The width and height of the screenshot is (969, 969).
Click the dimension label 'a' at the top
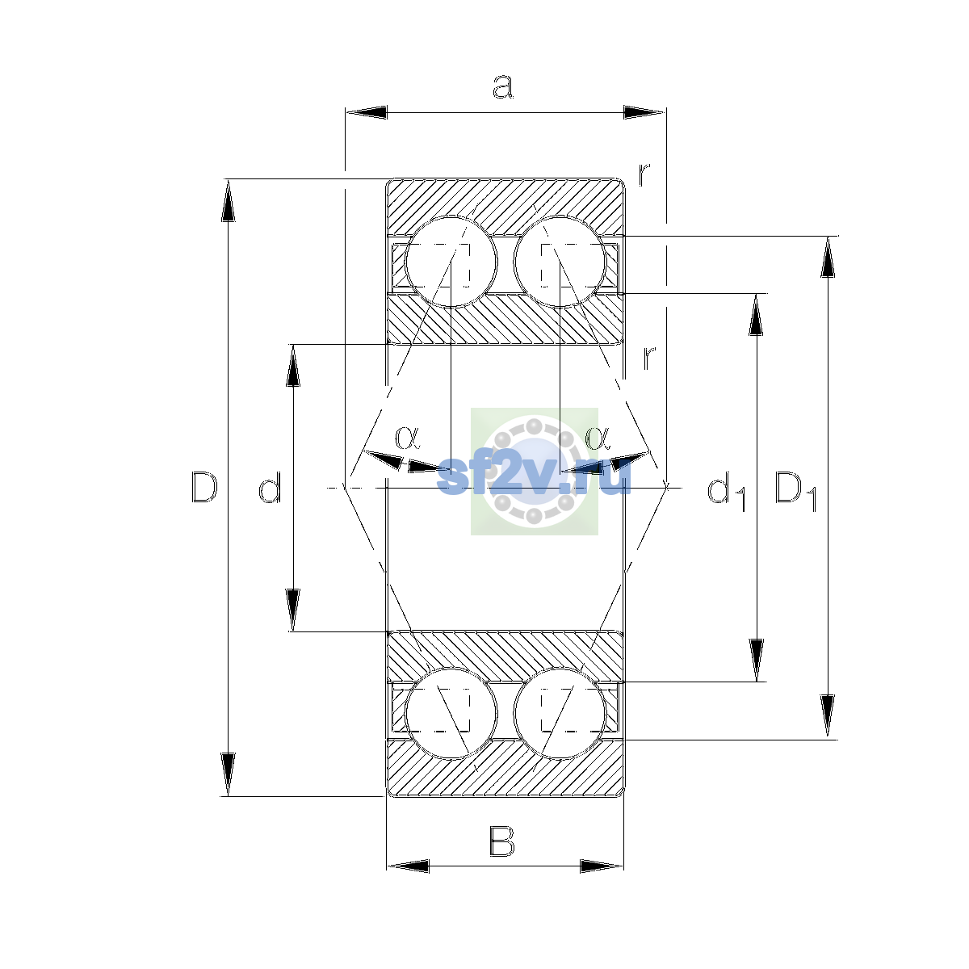(502, 86)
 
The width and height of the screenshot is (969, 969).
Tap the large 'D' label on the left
(204, 487)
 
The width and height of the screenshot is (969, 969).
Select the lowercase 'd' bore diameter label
(270, 487)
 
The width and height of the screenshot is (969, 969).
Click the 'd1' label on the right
(726, 491)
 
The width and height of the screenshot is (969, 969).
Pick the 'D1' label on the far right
(795, 491)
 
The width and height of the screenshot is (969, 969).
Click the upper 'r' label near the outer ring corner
(644, 174)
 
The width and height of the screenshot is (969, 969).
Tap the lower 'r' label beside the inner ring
(650, 358)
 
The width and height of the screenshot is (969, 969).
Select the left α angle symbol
(407, 437)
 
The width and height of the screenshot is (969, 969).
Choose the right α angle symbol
(598, 437)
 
